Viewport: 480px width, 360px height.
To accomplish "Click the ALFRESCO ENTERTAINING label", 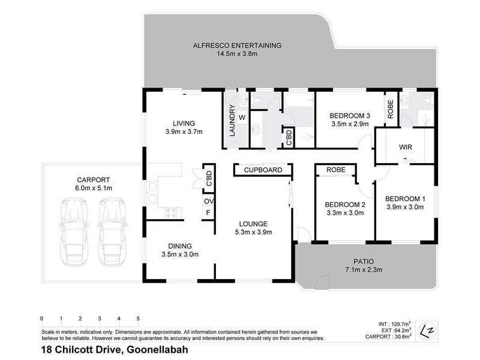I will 237,45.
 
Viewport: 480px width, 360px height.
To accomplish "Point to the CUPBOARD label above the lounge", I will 263,170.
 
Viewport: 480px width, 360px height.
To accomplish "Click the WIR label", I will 405,147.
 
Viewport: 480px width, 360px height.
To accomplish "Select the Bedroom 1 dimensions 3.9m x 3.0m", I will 404,208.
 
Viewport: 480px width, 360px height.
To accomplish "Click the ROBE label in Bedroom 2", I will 336,170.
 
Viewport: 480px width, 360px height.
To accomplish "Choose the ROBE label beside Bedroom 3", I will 391,109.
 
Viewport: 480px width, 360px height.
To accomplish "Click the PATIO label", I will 363,262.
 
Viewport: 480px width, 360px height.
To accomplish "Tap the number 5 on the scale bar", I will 138,318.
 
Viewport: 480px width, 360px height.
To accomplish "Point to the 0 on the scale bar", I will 41,318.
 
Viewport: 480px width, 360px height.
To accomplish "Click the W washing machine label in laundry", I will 242,118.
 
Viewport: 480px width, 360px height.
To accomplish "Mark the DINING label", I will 181,245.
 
